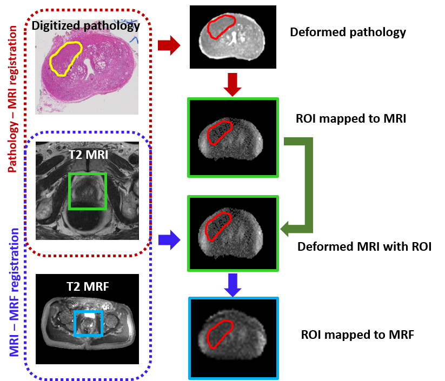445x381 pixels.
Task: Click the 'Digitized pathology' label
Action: (86, 25)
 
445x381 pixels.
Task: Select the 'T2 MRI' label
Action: (88, 155)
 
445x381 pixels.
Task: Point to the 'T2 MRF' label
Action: (88, 287)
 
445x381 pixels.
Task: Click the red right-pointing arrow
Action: (169, 45)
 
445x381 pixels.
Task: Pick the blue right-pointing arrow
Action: (169, 239)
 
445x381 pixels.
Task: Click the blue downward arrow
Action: (233, 285)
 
